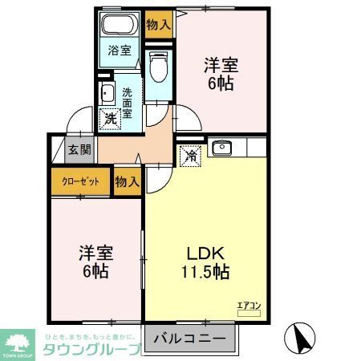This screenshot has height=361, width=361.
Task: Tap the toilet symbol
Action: point(158,68)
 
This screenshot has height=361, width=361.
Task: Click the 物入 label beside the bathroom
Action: point(158,24)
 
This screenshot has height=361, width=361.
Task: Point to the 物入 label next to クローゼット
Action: point(127,181)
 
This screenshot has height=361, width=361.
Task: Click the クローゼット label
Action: point(81,181)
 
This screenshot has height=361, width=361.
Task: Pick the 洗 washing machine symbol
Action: point(110,119)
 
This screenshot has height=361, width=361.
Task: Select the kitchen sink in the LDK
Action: point(219,147)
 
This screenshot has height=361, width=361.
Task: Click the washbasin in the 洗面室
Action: point(106,93)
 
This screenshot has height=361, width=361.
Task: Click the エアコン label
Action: point(249,305)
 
